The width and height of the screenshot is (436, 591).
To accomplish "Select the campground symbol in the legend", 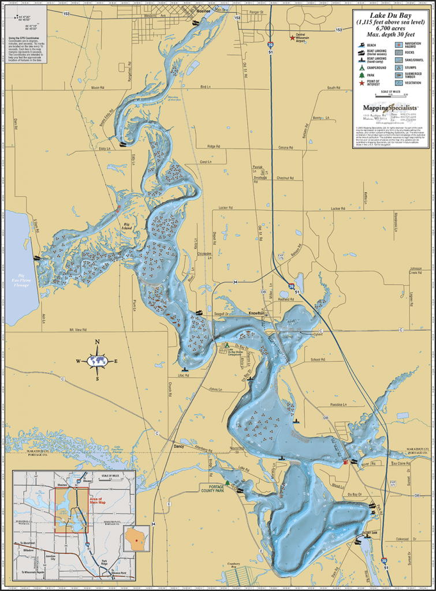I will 362,67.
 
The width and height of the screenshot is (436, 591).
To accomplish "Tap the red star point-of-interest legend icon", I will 362,83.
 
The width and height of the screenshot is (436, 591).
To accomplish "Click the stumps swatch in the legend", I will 400,67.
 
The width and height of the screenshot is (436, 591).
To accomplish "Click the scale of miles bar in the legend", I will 391,96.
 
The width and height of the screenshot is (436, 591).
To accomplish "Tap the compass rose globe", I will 97,361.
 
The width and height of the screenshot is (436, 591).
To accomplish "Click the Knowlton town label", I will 256,313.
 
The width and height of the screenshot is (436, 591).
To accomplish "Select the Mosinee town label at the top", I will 201,11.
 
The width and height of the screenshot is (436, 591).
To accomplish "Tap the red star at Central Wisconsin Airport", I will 292,38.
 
